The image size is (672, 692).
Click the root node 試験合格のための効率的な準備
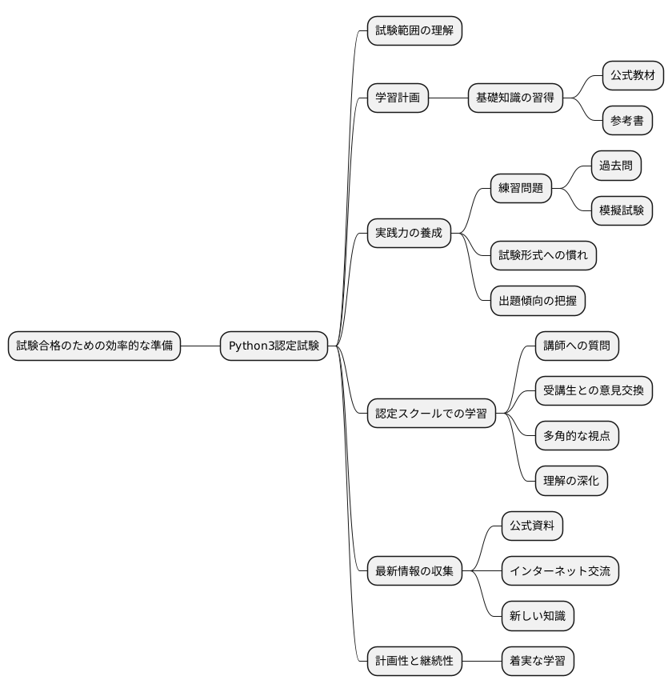pos(94,346)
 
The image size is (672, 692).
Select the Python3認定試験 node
pos(274,346)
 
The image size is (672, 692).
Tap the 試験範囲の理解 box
pos(414,31)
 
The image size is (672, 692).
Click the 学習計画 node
pos(398,98)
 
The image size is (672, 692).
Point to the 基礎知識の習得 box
pos(515,98)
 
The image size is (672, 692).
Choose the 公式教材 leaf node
pos(633,76)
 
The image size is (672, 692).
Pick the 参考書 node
pos(627,121)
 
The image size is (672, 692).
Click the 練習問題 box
pos(521,189)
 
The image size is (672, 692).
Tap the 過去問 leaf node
pos(616,166)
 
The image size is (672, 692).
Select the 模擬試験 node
pos(622,211)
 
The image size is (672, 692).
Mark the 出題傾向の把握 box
pos(538,301)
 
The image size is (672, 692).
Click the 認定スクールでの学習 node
pos(431,414)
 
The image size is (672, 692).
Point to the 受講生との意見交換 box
pos(594,391)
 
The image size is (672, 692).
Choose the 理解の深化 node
pos(571,481)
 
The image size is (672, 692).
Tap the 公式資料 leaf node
pos(532,526)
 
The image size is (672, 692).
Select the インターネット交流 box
pos(560,571)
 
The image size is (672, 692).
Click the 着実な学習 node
pos(538,661)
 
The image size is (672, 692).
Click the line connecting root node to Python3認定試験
pos(200,346)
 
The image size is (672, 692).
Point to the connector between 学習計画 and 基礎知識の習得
pos(448,98)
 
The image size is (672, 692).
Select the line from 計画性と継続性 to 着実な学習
pos(482,661)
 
